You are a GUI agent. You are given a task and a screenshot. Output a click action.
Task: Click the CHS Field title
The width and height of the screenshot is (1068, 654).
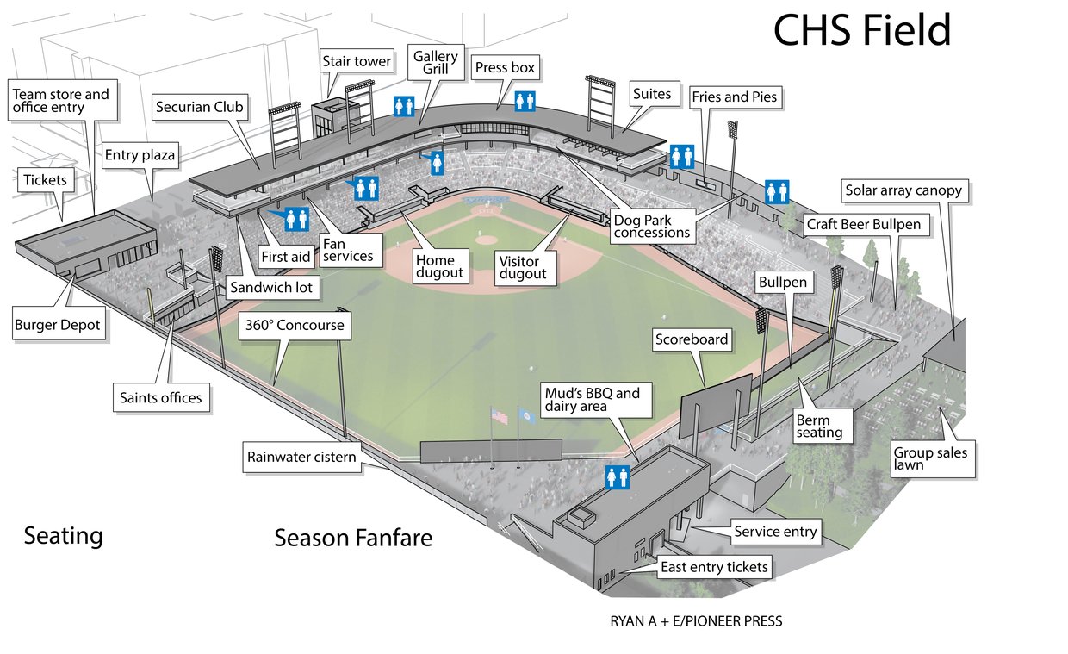[x=862, y=29]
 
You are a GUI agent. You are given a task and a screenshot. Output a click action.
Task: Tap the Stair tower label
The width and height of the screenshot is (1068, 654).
[x=357, y=61]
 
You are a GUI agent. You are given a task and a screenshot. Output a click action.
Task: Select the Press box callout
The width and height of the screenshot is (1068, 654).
[x=505, y=67]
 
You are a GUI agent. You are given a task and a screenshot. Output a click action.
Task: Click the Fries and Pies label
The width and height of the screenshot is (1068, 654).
[x=734, y=97]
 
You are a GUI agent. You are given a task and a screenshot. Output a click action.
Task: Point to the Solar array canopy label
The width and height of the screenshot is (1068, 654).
[x=903, y=190]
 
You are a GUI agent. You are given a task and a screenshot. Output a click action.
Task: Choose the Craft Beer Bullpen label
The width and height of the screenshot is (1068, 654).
[x=864, y=224]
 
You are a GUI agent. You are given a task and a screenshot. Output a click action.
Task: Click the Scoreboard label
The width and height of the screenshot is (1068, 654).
[x=692, y=339]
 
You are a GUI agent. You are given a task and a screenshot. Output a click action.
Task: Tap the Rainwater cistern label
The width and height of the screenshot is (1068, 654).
[x=301, y=457]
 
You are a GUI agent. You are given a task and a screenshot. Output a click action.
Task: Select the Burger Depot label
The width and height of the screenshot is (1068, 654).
[x=58, y=325]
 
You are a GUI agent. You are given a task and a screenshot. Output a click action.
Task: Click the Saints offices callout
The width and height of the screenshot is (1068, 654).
[x=161, y=397]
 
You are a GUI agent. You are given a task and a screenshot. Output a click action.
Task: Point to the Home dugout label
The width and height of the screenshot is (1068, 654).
[x=439, y=266]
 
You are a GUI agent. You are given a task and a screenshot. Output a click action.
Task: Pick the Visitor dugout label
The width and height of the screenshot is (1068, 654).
[x=523, y=268]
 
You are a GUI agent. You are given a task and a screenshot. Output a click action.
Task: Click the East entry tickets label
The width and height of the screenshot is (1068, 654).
[x=714, y=567]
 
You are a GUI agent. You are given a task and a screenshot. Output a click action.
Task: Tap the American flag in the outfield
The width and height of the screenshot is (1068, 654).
[x=500, y=417]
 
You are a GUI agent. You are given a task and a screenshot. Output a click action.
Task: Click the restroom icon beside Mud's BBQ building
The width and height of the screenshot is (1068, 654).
[x=618, y=477]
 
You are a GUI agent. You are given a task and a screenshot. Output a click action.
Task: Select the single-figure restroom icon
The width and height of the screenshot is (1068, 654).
[x=438, y=164]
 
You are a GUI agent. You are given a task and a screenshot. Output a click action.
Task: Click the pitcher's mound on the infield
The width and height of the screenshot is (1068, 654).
[x=486, y=240]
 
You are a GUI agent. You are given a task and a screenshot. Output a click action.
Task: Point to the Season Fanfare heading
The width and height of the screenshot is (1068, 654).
[x=353, y=538]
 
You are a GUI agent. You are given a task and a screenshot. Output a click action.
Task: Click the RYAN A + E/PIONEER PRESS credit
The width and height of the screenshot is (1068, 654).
[x=696, y=621]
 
